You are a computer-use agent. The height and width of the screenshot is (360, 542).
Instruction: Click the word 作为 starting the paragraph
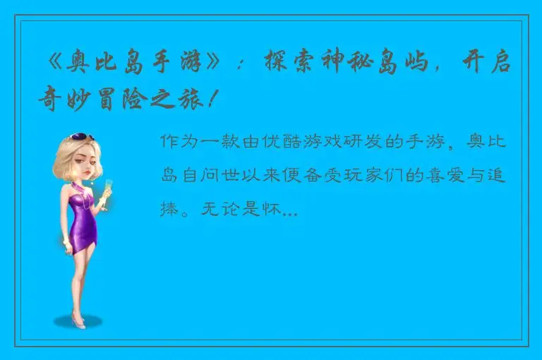click(178, 141)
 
